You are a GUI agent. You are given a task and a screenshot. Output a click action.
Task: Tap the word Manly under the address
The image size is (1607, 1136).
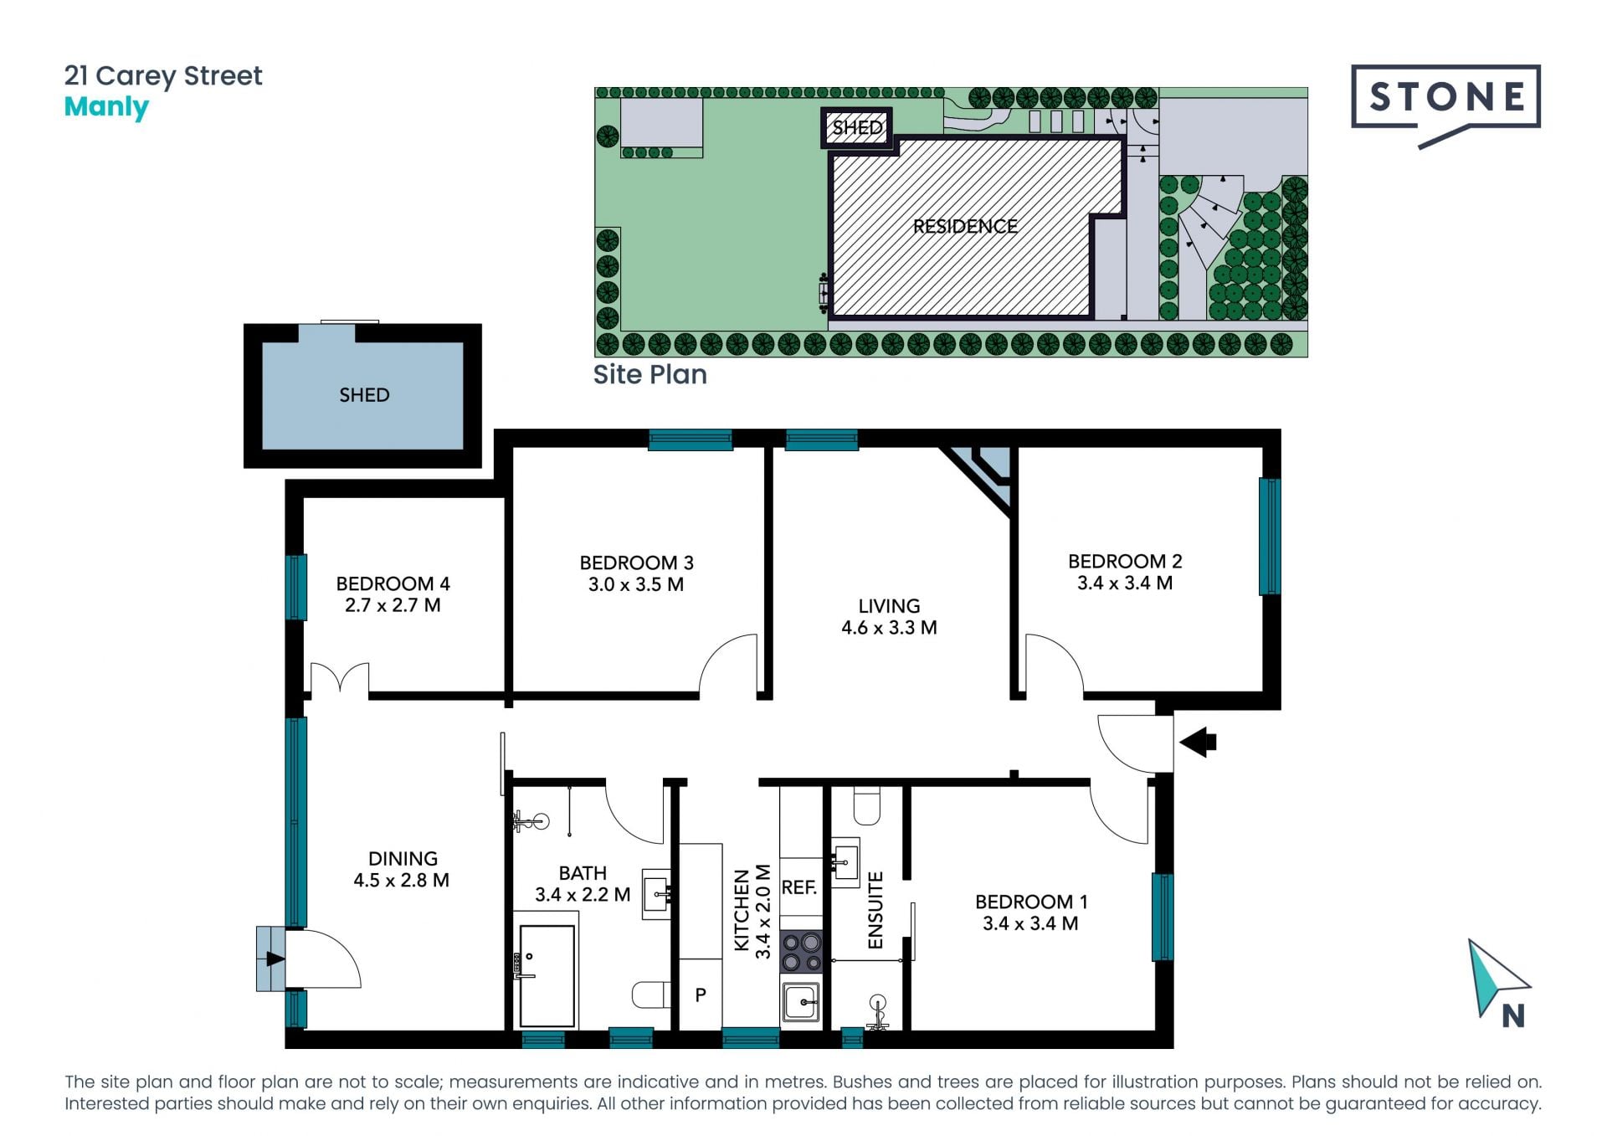pyautogui.click(x=106, y=108)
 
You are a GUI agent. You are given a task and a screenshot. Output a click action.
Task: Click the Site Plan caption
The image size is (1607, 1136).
pyautogui.click(x=649, y=374)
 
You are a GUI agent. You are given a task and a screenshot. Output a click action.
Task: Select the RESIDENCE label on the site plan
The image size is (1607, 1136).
pyautogui.click(x=965, y=226)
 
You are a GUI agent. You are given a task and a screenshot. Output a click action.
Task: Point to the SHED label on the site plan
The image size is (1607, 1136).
pyautogui.click(x=857, y=127)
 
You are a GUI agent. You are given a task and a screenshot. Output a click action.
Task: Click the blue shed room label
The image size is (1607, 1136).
pyautogui.click(x=364, y=395)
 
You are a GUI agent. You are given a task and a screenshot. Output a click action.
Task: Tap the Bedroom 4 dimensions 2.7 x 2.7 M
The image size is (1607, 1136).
pyautogui.click(x=393, y=605)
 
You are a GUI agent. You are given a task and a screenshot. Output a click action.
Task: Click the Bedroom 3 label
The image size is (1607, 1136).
pyautogui.click(x=636, y=563)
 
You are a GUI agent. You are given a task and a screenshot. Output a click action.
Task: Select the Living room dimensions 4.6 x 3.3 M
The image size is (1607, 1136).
pyautogui.click(x=889, y=628)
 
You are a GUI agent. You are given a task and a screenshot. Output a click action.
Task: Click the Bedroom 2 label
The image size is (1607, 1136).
pyautogui.click(x=1125, y=561)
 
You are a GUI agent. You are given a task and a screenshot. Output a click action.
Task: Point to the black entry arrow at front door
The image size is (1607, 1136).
pyautogui.click(x=1198, y=742)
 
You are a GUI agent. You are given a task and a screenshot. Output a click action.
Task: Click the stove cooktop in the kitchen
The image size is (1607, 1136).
pyautogui.click(x=801, y=952)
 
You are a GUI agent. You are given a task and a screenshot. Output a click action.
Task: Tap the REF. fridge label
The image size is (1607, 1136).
pyautogui.click(x=799, y=887)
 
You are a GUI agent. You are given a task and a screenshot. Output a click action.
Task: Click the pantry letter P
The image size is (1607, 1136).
pyautogui.click(x=701, y=995)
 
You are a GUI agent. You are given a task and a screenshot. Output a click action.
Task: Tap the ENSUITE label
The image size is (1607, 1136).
pyautogui.click(x=875, y=910)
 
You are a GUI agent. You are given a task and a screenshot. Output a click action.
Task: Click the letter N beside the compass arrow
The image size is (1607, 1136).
pyautogui.click(x=1513, y=1015)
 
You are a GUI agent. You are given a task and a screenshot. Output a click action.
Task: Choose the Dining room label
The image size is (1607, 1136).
pyautogui.click(x=403, y=858)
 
